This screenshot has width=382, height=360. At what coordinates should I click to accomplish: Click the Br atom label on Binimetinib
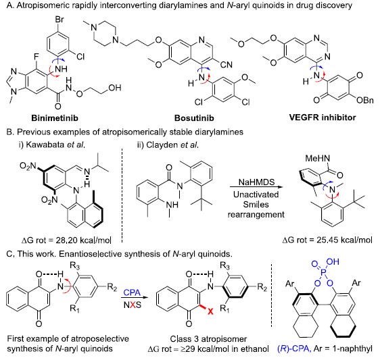coord(59,20)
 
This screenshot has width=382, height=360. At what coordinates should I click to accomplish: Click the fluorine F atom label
coord(36,57)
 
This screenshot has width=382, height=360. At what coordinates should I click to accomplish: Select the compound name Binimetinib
coord(55,118)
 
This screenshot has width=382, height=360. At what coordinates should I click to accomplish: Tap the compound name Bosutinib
coord(194,118)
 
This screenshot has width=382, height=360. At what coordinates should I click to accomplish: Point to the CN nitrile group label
coord(226,65)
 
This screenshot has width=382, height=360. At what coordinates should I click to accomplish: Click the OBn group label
coord(364,100)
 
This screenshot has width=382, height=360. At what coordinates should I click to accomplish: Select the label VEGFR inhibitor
coord(323,118)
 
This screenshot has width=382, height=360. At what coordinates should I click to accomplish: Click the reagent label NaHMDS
coord(256,182)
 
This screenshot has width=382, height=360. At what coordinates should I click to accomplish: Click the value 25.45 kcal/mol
coord(344,240)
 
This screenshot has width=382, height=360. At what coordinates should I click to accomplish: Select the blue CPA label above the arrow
coord(132,292)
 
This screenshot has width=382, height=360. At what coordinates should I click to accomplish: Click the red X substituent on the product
coord(210,311)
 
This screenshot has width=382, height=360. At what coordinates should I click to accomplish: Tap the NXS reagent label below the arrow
coord(133,305)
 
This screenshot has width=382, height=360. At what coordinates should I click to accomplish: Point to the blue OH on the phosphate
coord(333,262)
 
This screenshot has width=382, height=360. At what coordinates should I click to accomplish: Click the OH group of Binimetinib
coord(115,87)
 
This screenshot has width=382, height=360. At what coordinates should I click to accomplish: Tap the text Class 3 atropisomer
coord(208,339)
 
